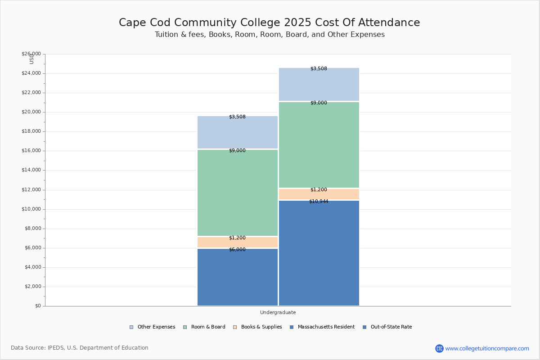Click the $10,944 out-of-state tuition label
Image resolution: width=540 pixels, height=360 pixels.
tap(319, 201)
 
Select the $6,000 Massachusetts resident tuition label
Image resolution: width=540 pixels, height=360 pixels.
tap(237, 249)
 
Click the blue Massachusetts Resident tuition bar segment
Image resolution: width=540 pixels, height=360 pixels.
tap(238, 279)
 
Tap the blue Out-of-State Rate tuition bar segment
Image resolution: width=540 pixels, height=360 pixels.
tap(319, 256)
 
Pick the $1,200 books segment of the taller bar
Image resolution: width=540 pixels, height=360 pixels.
tap(319, 194)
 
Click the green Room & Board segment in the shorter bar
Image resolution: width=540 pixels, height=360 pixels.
tap(238, 193)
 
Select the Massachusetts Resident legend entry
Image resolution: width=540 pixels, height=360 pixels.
tap(322, 327)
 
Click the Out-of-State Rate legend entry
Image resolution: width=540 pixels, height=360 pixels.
tap(387, 327)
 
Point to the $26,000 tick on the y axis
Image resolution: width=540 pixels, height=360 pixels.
tap(31, 54)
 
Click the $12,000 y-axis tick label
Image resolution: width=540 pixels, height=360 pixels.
tap(31, 190)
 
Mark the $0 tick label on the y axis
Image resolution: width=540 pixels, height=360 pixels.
tap(37, 306)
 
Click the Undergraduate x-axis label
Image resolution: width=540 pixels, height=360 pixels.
tap(278, 312)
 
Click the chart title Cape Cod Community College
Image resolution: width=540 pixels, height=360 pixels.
tap(269, 23)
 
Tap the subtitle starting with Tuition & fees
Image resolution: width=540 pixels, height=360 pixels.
tap(270, 35)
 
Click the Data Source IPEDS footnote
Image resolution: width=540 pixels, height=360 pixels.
tap(80, 348)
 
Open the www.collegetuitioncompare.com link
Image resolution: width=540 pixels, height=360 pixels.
tap(487, 348)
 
